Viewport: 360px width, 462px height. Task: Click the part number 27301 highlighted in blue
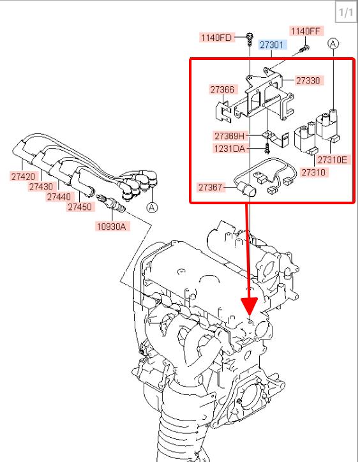click(272, 45)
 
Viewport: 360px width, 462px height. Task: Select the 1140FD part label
click(216, 38)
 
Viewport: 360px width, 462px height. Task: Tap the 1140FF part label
click(306, 31)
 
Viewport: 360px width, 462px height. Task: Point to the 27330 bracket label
click(308, 80)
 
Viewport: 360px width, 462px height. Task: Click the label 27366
click(222, 89)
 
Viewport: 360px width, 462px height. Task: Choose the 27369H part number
click(230, 136)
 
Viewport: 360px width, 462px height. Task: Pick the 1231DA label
click(230, 148)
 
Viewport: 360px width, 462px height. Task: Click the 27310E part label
click(333, 160)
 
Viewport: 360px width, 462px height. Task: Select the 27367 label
click(210, 187)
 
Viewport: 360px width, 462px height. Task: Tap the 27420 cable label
click(23, 177)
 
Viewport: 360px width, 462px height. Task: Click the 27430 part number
click(41, 186)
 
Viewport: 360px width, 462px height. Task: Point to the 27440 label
click(59, 197)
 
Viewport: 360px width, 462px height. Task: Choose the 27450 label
click(80, 207)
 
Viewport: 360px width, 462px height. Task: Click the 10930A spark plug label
click(112, 227)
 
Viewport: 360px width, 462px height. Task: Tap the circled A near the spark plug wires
click(152, 207)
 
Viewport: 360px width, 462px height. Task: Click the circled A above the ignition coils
click(333, 43)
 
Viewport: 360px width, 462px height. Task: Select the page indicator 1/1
click(346, 12)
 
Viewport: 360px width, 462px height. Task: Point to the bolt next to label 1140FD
click(250, 40)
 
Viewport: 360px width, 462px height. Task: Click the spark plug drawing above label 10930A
click(110, 202)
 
